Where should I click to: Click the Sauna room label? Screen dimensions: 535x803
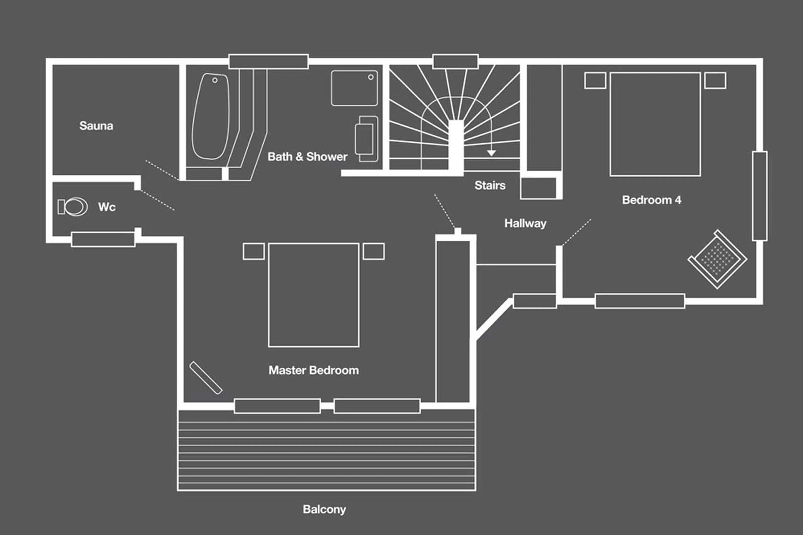pyautogui.click(x=96, y=126)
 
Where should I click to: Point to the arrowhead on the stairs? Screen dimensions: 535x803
pyautogui.click(x=491, y=153)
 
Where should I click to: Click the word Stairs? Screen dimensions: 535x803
pyautogui.click(x=490, y=185)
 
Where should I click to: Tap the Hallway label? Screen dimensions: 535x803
pyautogui.click(x=525, y=223)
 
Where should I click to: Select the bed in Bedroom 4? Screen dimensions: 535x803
pyautogui.click(x=655, y=124)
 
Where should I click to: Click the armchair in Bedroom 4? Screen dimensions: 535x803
pyautogui.click(x=717, y=259)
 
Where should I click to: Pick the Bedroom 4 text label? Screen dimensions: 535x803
pyautogui.click(x=651, y=200)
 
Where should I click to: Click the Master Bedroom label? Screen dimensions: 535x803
pyautogui.click(x=313, y=370)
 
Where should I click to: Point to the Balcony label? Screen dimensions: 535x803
pyautogui.click(x=324, y=509)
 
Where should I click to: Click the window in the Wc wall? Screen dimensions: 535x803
pyautogui.click(x=103, y=239)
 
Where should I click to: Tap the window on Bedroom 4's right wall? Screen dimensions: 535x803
pyautogui.click(x=760, y=196)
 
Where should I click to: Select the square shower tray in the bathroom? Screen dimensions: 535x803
pyautogui.click(x=354, y=88)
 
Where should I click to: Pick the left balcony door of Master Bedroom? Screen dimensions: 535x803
pyautogui.click(x=277, y=406)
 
